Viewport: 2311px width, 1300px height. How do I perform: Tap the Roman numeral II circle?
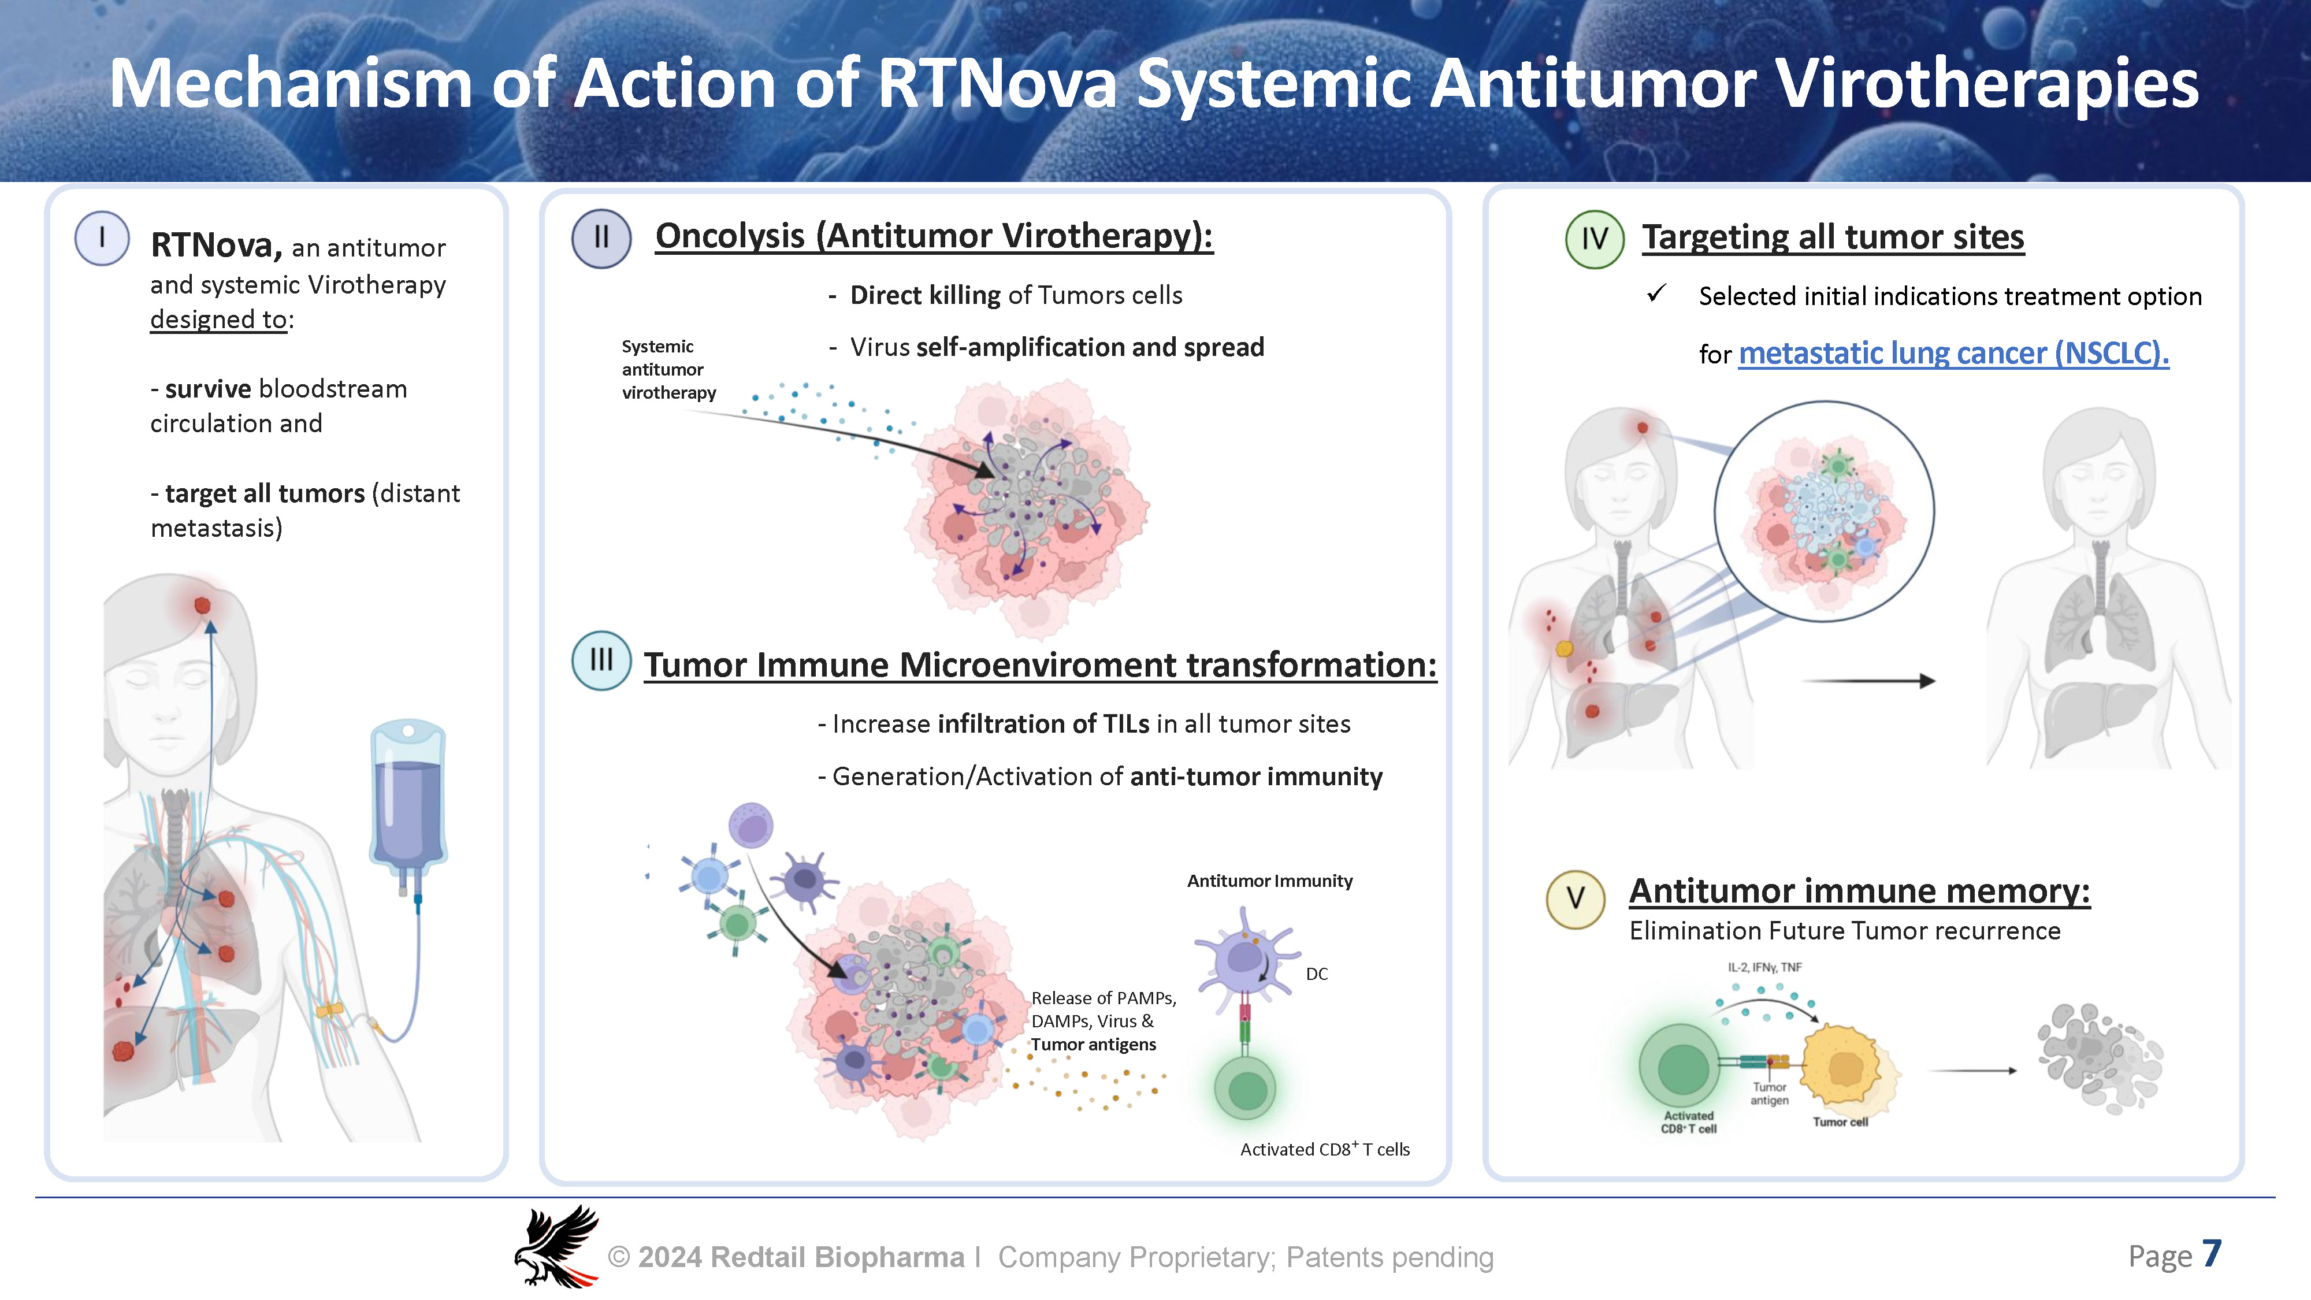click(601, 237)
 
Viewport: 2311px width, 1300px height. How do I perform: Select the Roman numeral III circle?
click(601, 660)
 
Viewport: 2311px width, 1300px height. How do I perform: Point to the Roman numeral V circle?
click(1576, 898)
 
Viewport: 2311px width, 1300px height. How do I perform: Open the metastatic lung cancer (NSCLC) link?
click(1953, 354)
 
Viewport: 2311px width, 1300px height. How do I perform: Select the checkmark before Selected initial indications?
click(1656, 294)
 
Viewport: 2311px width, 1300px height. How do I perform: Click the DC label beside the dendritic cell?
click(1316, 974)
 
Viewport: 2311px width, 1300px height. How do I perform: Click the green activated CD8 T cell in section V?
click(1681, 1068)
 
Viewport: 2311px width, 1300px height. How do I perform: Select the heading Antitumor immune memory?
click(1860, 891)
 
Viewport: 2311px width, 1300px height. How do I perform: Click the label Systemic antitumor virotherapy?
click(668, 370)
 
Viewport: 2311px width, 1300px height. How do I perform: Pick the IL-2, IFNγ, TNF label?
click(1764, 967)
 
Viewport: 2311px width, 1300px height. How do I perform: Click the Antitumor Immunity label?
click(1269, 881)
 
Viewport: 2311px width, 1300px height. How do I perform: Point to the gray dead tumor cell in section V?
click(2100, 1058)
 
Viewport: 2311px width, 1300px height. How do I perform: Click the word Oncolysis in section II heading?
click(730, 236)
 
